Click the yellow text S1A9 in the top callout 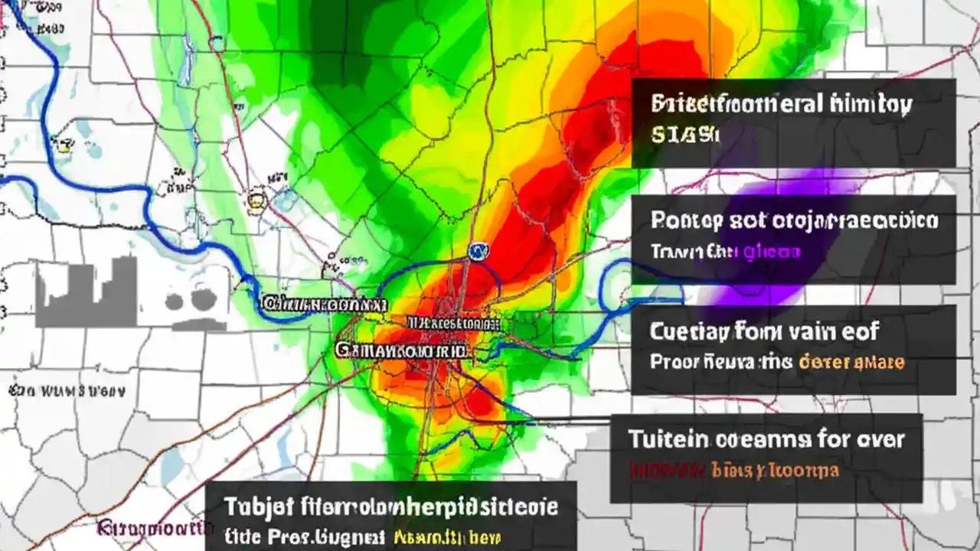coord(684,136)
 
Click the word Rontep coord(686,221)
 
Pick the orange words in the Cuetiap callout coord(851,361)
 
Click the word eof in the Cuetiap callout coord(861,331)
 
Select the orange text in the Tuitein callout coord(774,469)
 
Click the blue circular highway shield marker coord(478,249)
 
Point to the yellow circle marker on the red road coord(255,201)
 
